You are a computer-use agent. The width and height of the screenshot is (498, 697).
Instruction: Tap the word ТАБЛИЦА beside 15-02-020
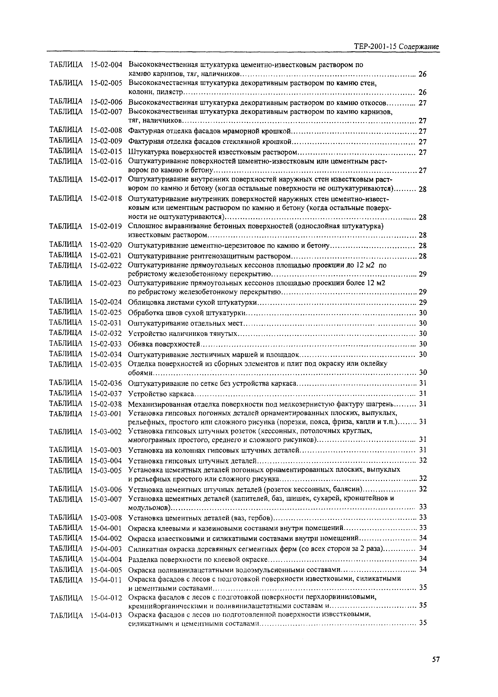[x=66, y=245]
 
